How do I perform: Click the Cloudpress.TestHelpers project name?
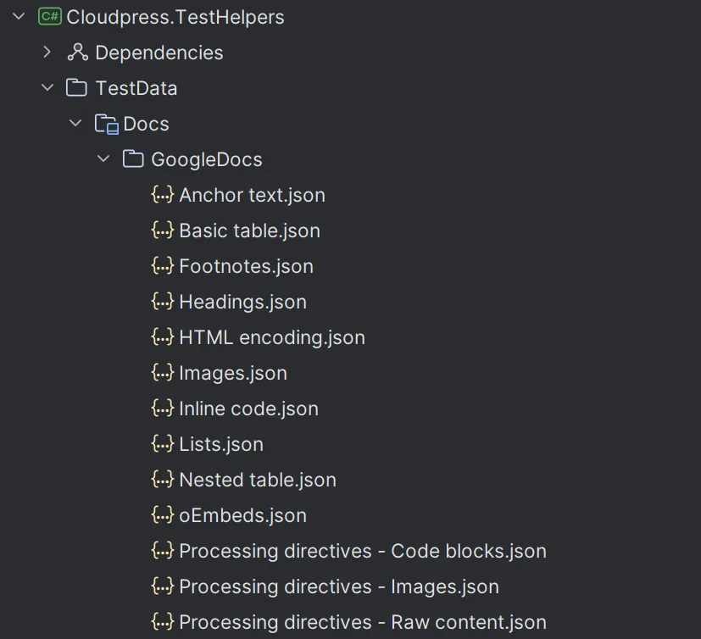pyautogui.click(x=175, y=17)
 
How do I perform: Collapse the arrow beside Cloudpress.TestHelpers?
pyautogui.click(x=19, y=17)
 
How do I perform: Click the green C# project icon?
pyautogui.click(x=50, y=17)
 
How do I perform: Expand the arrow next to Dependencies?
pyautogui.click(x=47, y=53)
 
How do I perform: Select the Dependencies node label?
pyautogui.click(x=159, y=53)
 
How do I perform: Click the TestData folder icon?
pyautogui.click(x=76, y=88)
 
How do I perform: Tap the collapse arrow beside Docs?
pyautogui.click(x=75, y=124)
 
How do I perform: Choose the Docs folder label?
pyautogui.click(x=146, y=124)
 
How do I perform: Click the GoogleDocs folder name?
pyautogui.click(x=206, y=159)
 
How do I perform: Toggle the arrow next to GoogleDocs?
pyautogui.click(x=103, y=159)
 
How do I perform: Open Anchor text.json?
pyautogui.click(x=252, y=195)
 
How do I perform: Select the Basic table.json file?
pyautogui.click(x=249, y=231)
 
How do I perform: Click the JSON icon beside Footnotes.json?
pyautogui.click(x=162, y=266)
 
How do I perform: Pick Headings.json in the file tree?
pyautogui.click(x=242, y=302)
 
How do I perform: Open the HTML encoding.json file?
pyautogui.click(x=271, y=337)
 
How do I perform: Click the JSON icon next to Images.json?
pyautogui.click(x=162, y=373)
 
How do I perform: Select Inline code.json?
pyautogui.click(x=248, y=408)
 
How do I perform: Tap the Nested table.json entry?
pyautogui.click(x=257, y=480)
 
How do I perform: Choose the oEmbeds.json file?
pyautogui.click(x=242, y=515)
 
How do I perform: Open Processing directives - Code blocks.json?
pyautogui.click(x=362, y=551)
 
